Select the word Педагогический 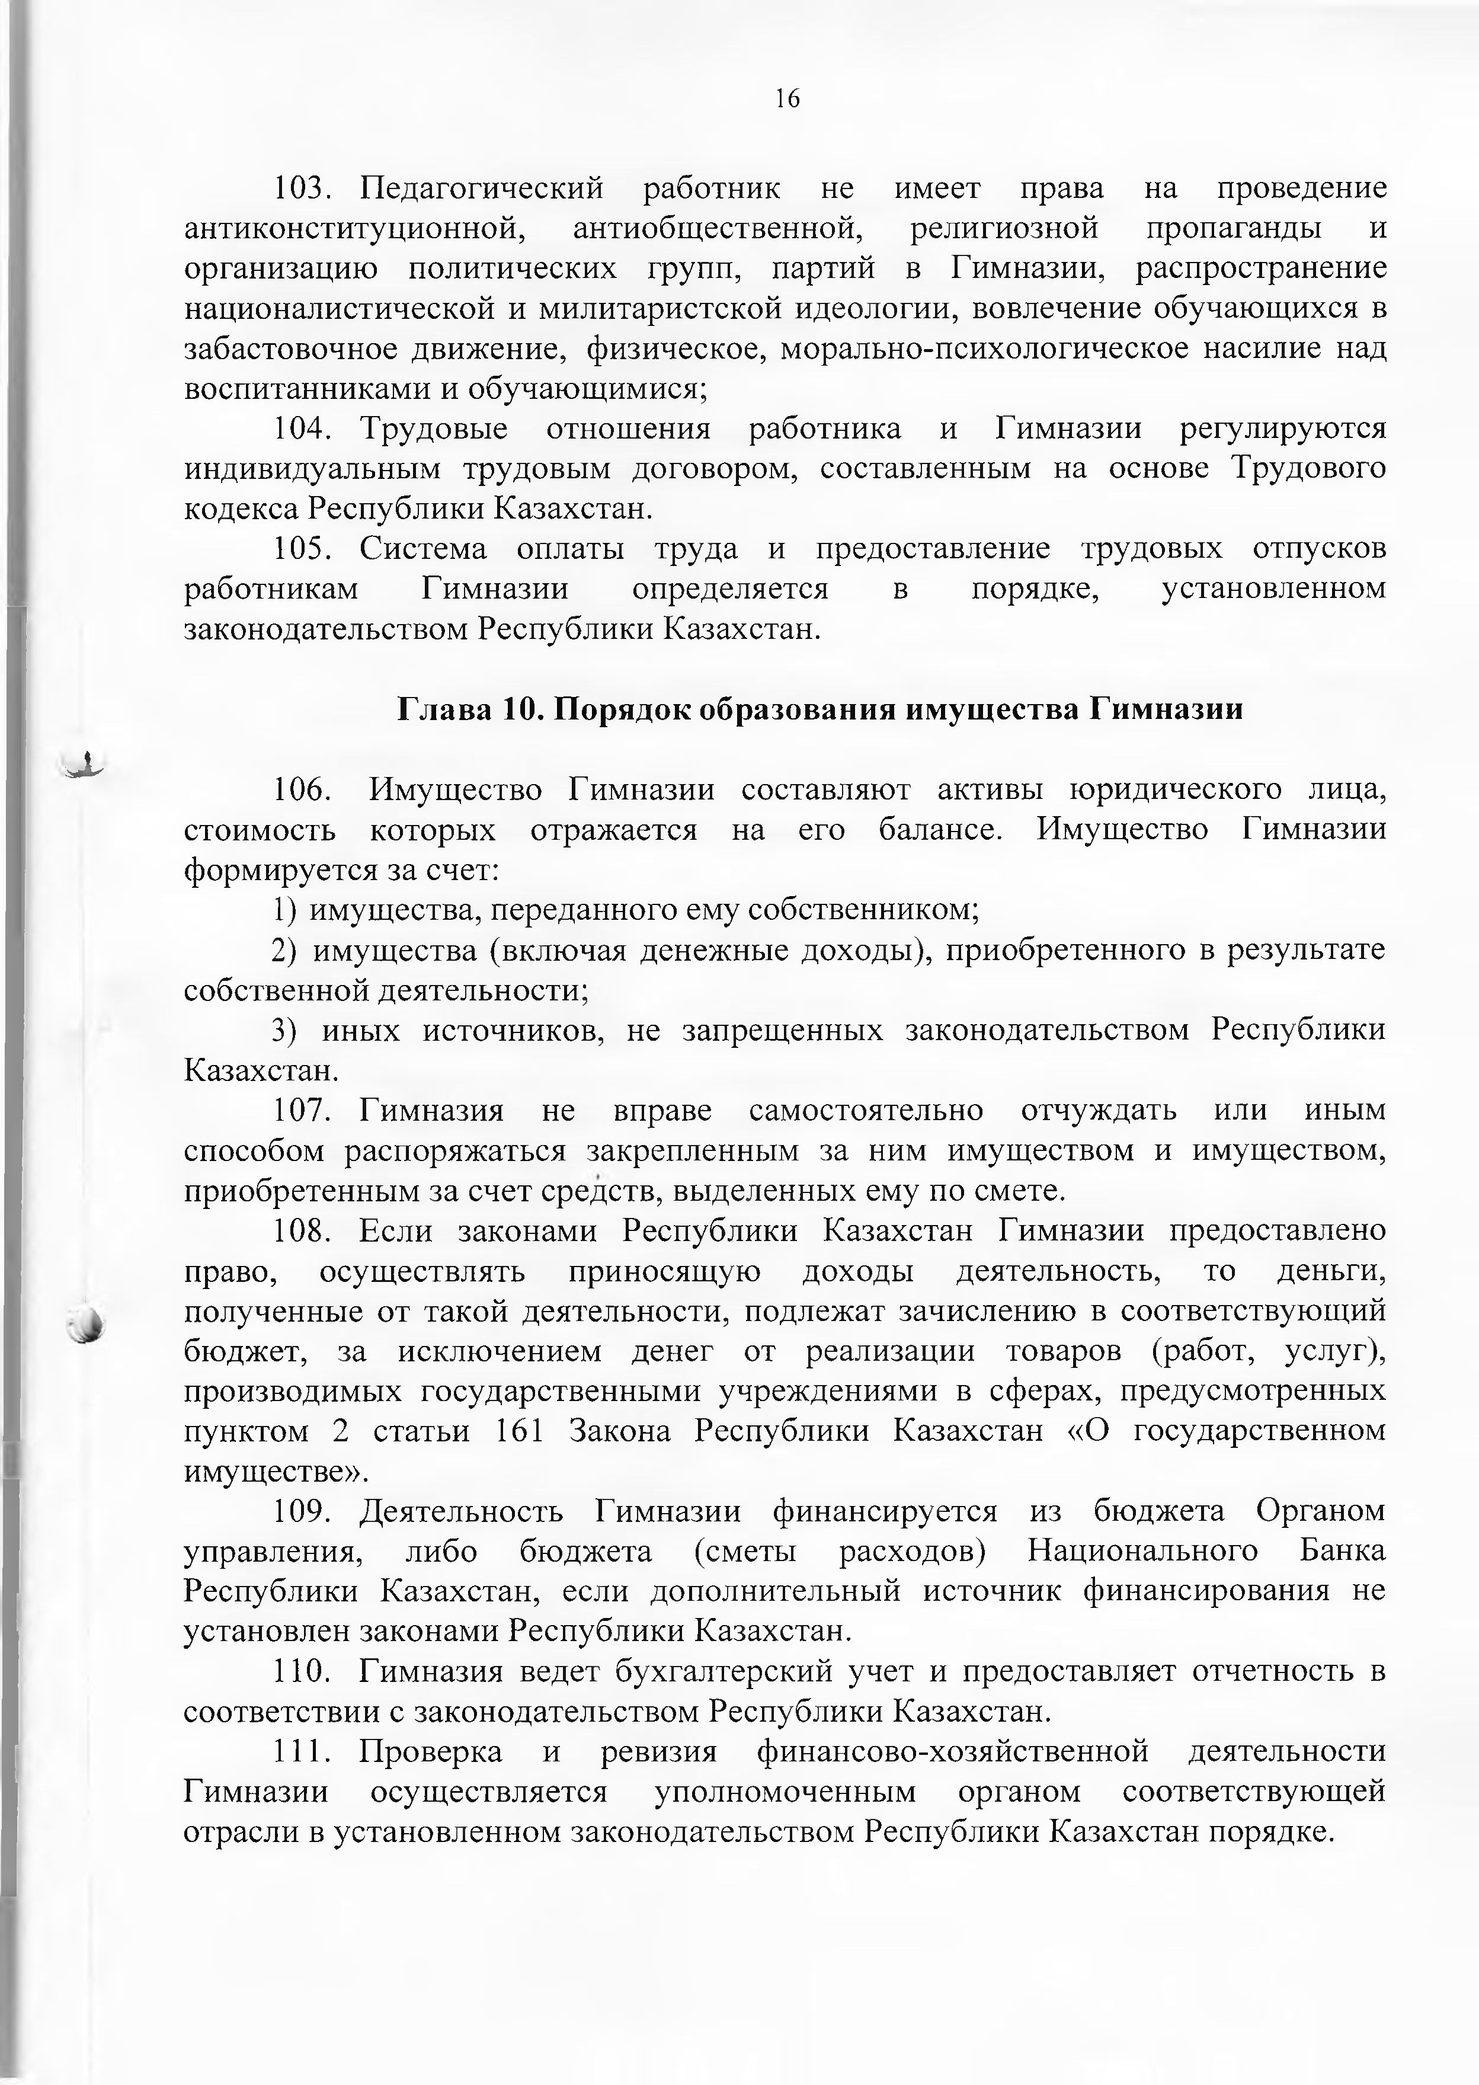pyautogui.click(x=482, y=188)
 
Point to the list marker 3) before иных pyautogui.click(x=284, y=1030)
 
